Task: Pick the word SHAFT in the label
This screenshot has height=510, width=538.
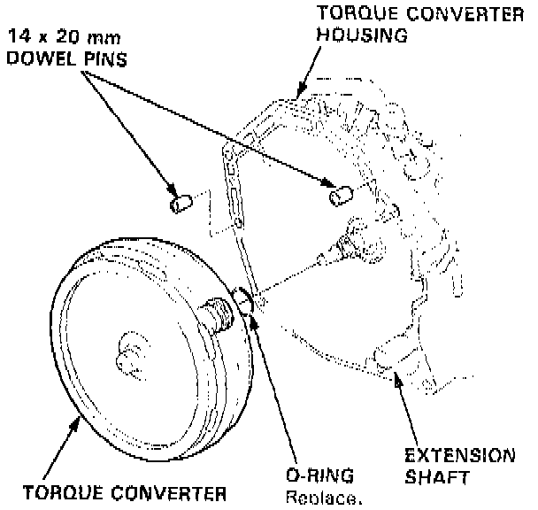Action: coord(434,478)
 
